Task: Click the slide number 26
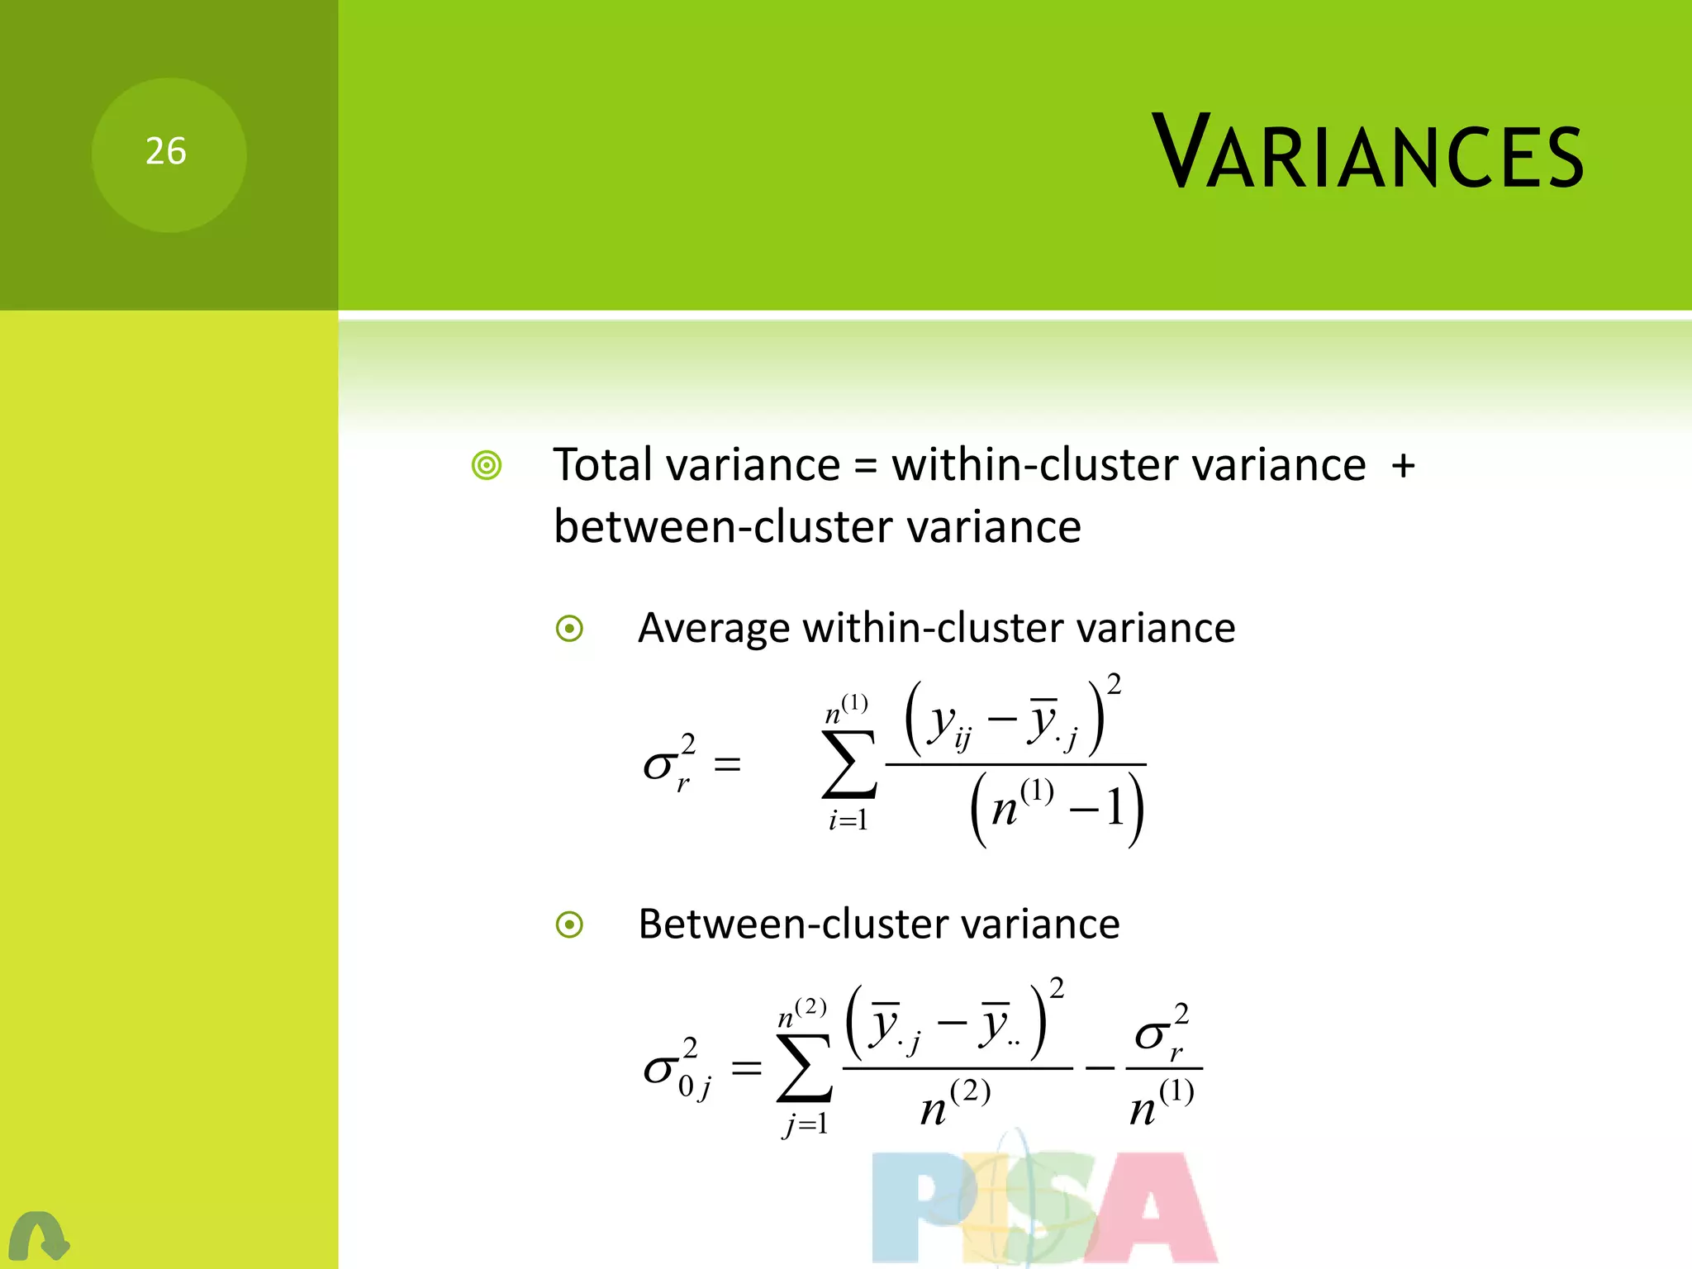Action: click(x=166, y=152)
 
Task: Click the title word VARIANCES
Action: click(x=1367, y=152)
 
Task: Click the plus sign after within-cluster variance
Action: click(x=1403, y=466)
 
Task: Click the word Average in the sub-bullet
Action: click(x=713, y=628)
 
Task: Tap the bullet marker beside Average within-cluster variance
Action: click(x=569, y=630)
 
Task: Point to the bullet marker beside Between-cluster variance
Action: click(x=569, y=924)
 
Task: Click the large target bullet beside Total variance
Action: click(x=487, y=466)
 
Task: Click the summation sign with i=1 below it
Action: click(x=848, y=764)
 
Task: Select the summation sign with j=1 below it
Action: click(x=804, y=1067)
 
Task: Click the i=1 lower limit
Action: click(x=848, y=820)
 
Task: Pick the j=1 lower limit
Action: click(x=805, y=1124)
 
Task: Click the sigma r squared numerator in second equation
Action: click(x=1162, y=1033)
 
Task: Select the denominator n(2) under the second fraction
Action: click(x=955, y=1103)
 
